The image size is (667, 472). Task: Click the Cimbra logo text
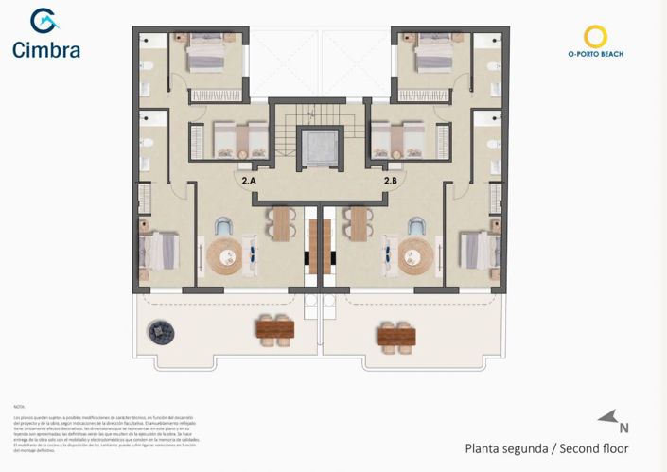click(x=45, y=50)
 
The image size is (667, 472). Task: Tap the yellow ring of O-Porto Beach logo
click(x=595, y=37)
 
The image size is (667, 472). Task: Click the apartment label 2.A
click(x=249, y=180)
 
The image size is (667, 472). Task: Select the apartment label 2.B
click(x=390, y=180)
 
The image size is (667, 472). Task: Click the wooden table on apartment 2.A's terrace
click(x=275, y=329)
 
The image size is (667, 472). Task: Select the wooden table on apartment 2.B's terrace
click(x=396, y=334)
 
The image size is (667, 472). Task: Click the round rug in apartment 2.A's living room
click(x=226, y=253)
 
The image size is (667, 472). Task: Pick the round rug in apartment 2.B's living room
click(x=416, y=253)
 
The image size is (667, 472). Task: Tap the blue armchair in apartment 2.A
click(x=223, y=226)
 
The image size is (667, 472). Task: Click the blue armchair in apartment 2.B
click(x=415, y=226)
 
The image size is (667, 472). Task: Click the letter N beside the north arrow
click(x=623, y=426)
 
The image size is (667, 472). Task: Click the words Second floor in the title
click(x=594, y=448)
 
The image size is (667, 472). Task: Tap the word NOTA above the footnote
click(x=20, y=404)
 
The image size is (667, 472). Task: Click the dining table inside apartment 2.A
click(x=280, y=225)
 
